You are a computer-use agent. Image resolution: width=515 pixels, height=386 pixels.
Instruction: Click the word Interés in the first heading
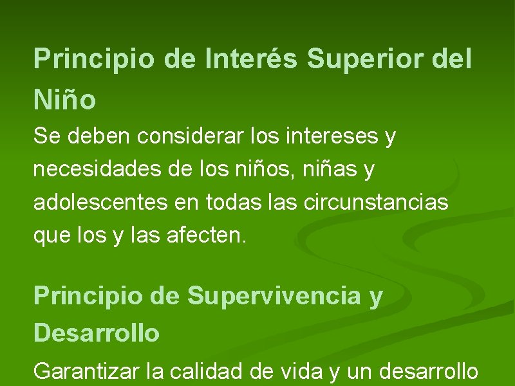point(252,59)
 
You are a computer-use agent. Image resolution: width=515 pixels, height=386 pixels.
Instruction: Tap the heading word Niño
point(65,100)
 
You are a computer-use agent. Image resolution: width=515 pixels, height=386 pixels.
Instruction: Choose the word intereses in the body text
point(328,136)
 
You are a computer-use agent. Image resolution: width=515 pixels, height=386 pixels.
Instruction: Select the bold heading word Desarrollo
point(97,333)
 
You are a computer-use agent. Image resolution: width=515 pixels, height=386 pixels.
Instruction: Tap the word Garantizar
point(86,371)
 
